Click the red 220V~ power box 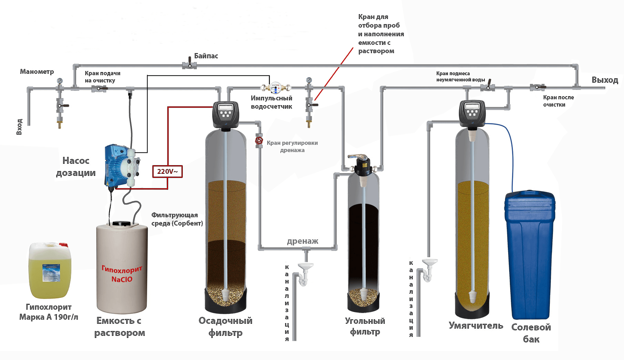(167, 171)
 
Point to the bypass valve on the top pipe (189, 64)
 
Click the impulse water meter (275, 88)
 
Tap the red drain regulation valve (259, 141)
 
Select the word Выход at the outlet (605, 80)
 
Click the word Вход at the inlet (19, 127)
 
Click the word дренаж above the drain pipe (302, 241)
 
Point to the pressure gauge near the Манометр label (60, 81)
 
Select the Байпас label (206, 56)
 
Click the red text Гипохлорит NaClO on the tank (122, 274)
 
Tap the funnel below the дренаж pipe (305, 267)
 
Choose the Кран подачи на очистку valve (99, 89)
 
